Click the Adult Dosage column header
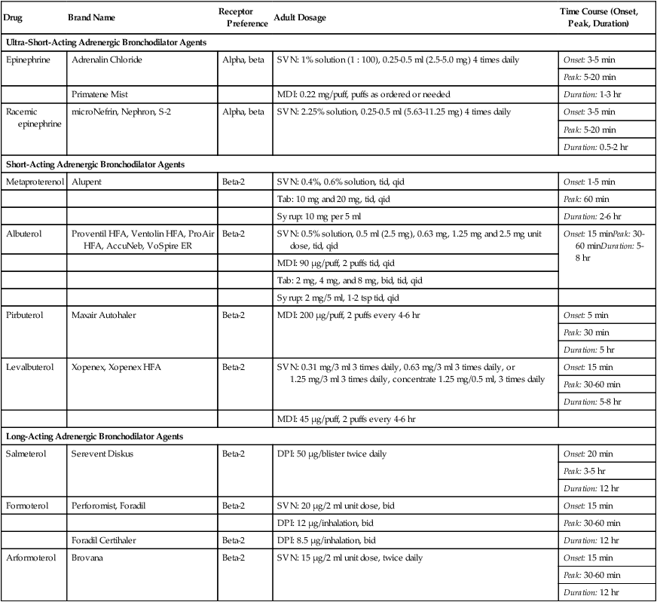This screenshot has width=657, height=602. (x=300, y=17)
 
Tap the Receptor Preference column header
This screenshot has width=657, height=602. (x=243, y=17)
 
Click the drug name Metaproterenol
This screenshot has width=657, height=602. (x=35, y=182)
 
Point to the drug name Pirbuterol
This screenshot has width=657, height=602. (x=26, y=314)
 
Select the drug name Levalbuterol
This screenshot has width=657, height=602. (x=29, y=367)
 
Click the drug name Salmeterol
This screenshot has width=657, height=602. (x=26, y=454)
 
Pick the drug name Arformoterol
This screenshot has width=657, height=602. (x=30, y=558)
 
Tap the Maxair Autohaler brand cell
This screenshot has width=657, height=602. (x=107, y=314)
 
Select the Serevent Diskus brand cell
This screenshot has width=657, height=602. (x=105, y=454)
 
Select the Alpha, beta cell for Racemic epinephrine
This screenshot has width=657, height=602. (x=243, y=112)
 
